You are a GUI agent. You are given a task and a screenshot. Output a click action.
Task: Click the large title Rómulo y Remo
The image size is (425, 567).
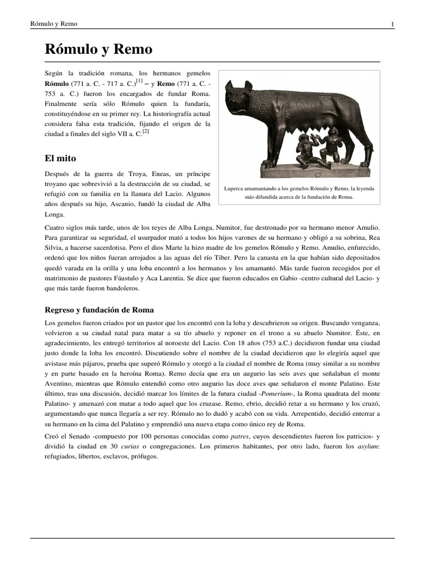coord(98,50)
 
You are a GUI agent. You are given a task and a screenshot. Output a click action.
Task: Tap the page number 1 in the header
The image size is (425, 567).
coord(392,24)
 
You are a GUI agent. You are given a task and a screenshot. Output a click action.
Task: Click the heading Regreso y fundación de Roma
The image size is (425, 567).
coord(99,309)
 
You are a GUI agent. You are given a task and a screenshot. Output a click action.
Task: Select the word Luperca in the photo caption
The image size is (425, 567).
coord(236,189)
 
